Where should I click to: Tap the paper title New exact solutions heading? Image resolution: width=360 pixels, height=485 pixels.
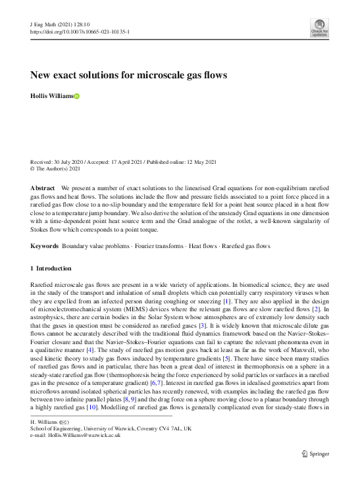(129, 75)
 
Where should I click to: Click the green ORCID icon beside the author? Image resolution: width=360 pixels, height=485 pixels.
(76, 97)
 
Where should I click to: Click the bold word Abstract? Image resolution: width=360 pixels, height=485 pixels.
(43, 188)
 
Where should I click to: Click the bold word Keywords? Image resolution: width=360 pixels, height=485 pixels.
(45, 246)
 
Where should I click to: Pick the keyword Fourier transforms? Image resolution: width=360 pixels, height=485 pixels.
(159, 246)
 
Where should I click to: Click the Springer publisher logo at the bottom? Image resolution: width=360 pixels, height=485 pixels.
(315, 453)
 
